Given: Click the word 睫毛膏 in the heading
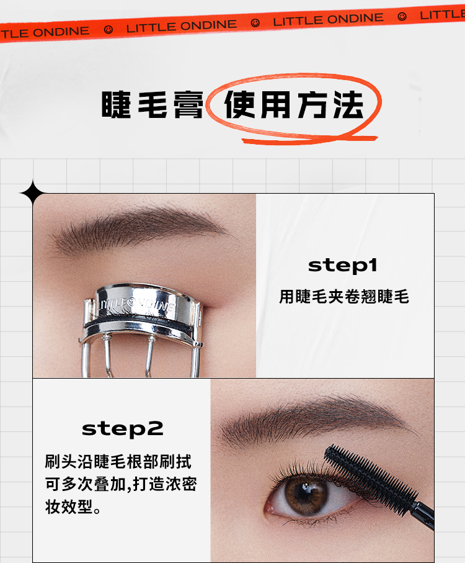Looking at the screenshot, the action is pos(153,104).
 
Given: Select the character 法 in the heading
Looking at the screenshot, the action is pos(348,104).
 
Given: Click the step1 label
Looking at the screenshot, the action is pos(343,266).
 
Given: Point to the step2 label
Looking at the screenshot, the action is pos(123,429).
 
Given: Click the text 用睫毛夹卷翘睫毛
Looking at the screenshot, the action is pos(344,297).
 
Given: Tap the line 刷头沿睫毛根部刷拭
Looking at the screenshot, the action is pos(118,461).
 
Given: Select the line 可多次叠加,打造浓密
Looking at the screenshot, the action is pos(121,484).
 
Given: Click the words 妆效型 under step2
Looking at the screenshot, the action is pos(69,507).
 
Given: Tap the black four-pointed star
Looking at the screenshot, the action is pos(33,193).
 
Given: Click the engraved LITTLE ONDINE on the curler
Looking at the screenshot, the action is pos(138,305).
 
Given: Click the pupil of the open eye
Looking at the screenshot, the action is pos(306,492).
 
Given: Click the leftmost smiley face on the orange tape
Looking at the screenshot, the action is pos(108,29).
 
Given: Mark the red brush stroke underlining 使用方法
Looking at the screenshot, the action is pos(308,140).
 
